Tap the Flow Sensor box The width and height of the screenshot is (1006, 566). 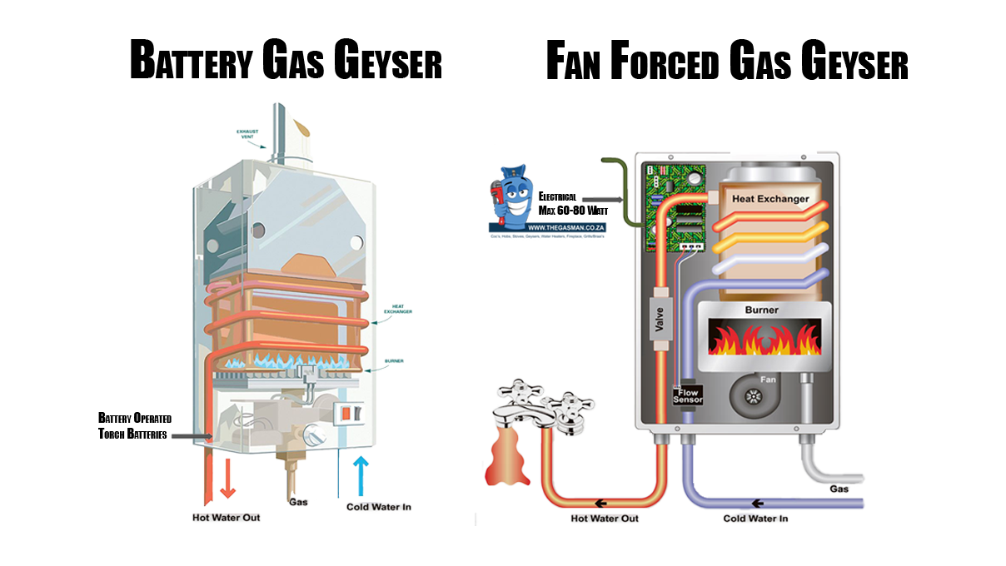pos(688,394)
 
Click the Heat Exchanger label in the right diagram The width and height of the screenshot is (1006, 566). pos(770,199)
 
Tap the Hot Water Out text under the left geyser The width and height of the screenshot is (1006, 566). pos(226,518)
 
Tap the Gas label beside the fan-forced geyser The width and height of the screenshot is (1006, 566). pos(839,489)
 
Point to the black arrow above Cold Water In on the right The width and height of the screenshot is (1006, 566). pos(757,504)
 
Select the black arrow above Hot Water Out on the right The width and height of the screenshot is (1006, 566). pos(601,504)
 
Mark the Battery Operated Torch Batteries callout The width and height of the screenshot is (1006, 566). pos(133,425)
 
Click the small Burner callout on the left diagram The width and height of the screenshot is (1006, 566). pos(393,361)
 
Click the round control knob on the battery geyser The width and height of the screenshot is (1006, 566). pos(314,435)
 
